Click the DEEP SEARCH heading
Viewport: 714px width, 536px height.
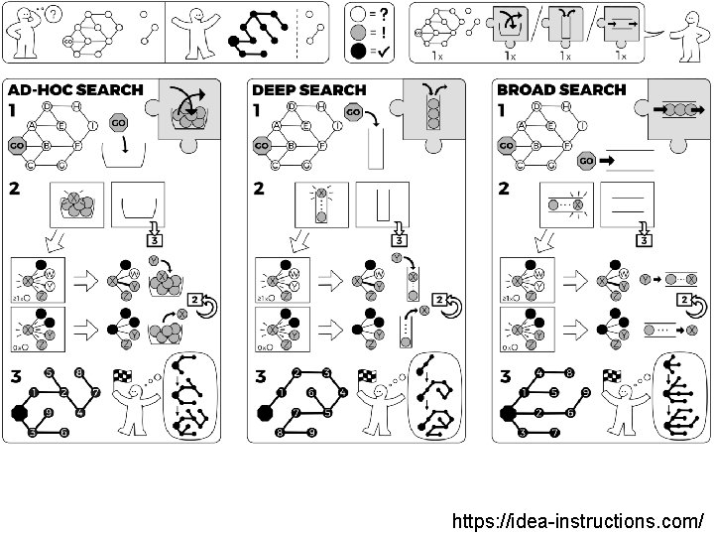tap(309, 89)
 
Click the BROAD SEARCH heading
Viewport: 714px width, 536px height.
tap(561, 89)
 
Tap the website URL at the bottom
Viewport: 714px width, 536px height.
tap(578, 521)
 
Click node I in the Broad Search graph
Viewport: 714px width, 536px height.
tap(581, 126)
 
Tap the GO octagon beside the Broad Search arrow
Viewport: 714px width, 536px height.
tap(586, 159)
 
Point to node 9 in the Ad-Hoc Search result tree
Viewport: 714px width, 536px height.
tap(49, 411)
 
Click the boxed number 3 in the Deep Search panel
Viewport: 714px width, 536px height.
tap(398, 240)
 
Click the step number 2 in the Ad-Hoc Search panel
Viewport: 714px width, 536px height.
tap(14, 188)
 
